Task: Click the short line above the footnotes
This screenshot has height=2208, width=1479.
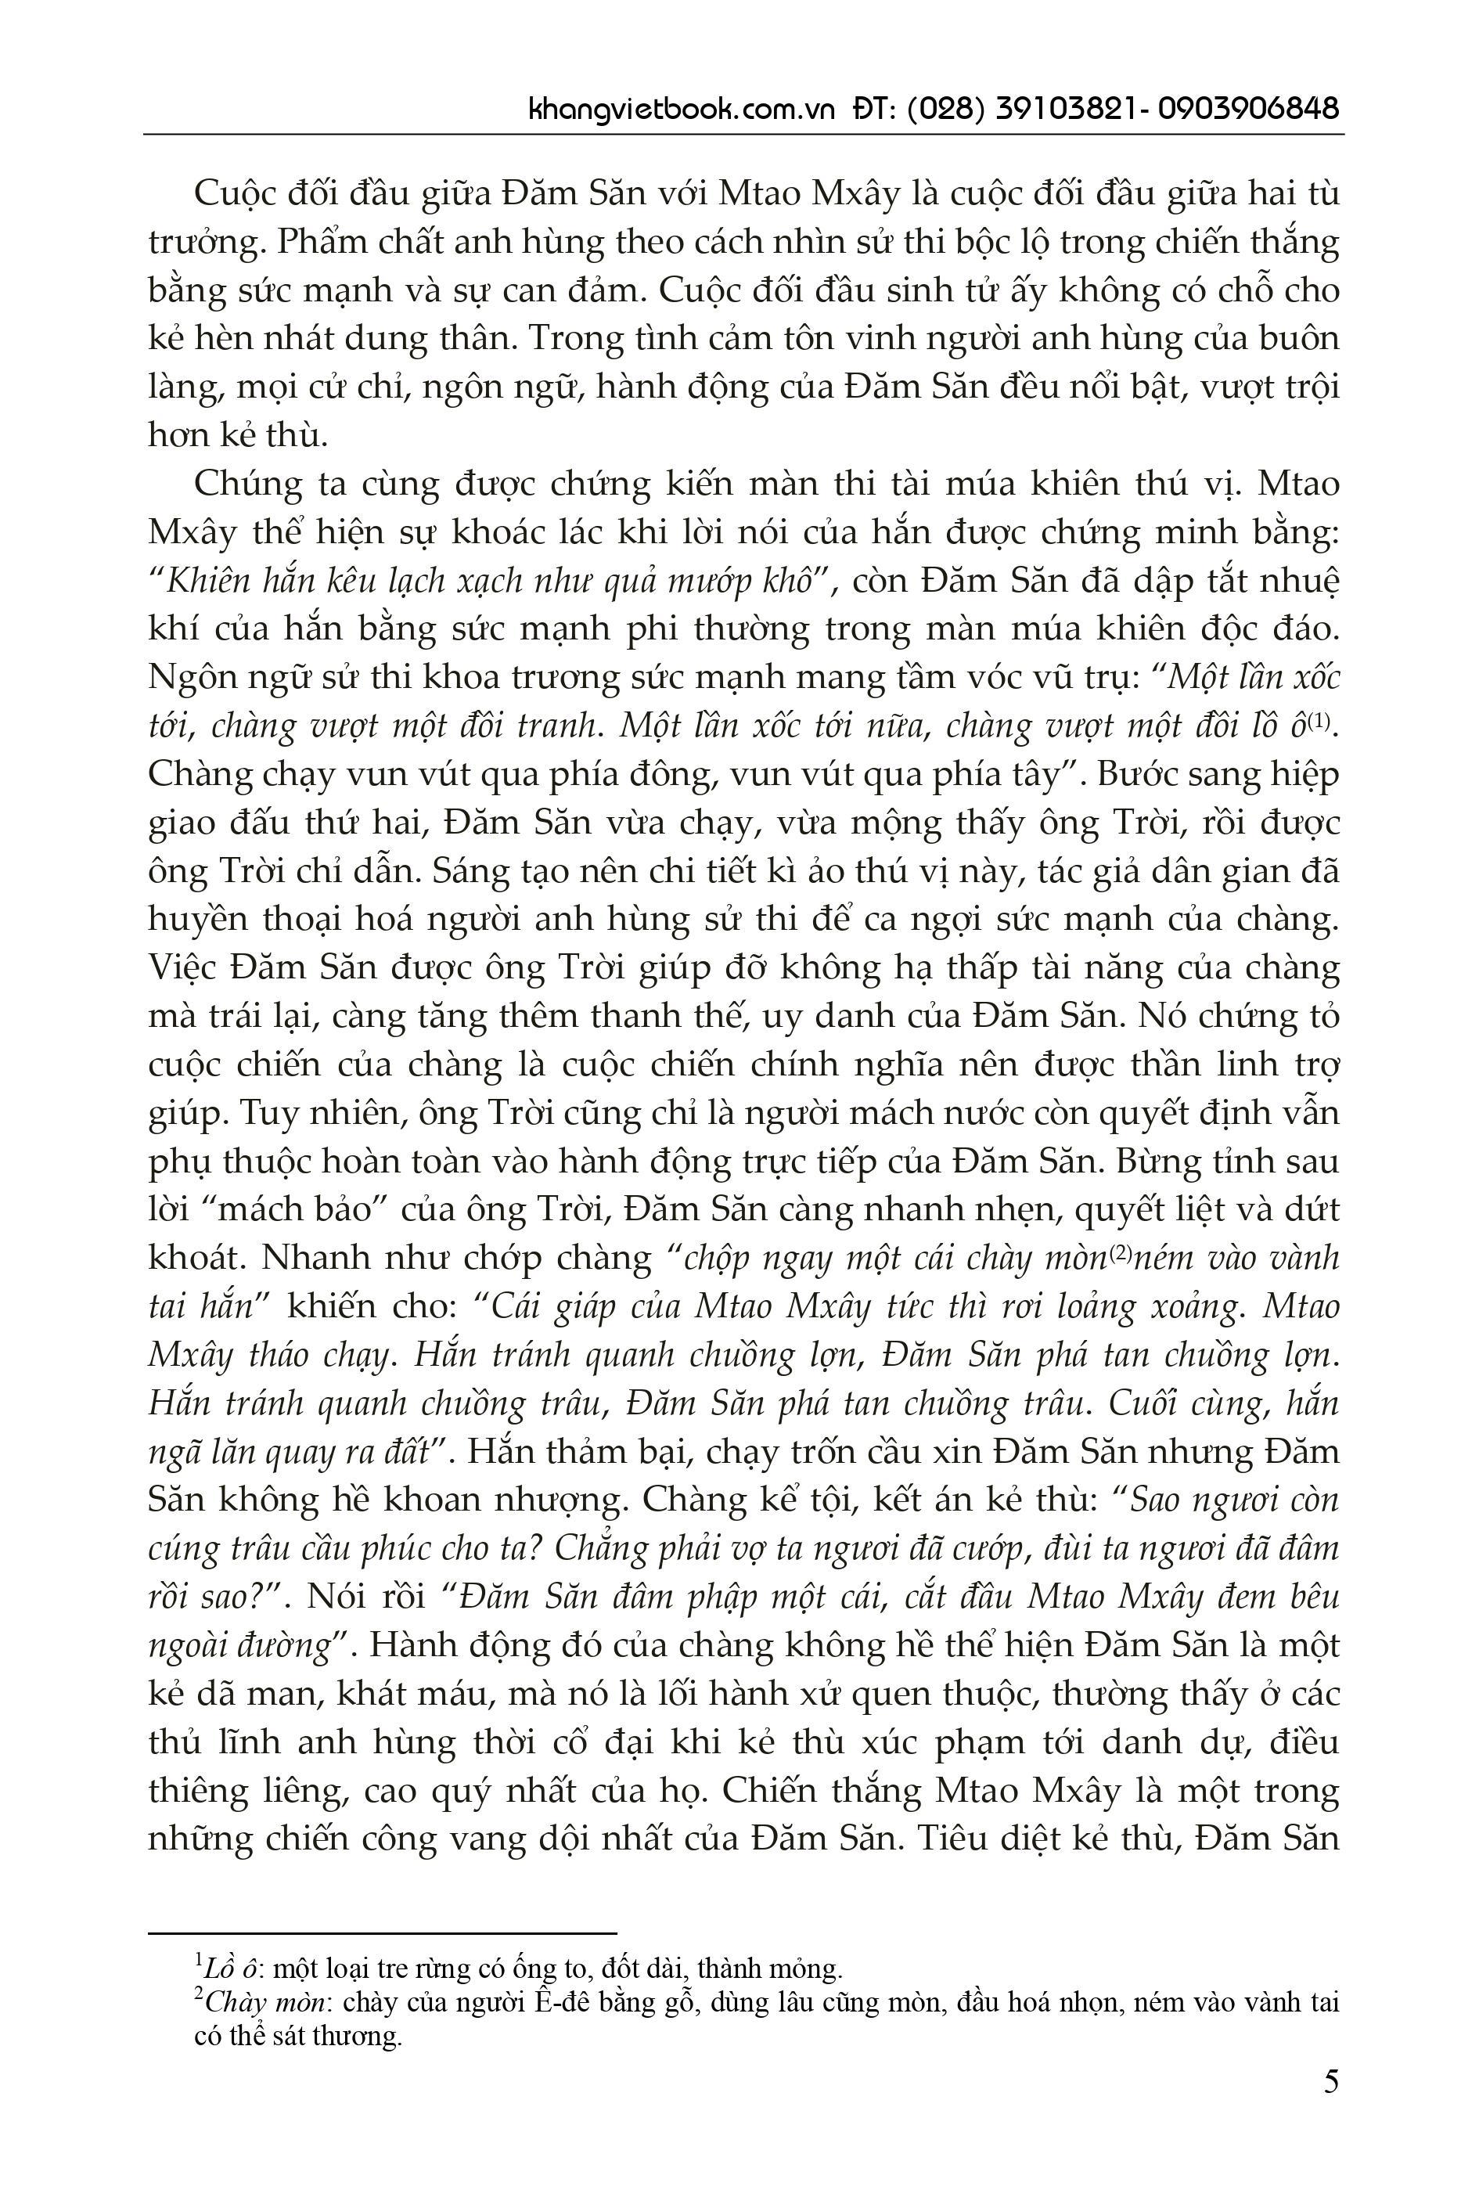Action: (x=381, y=1933)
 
